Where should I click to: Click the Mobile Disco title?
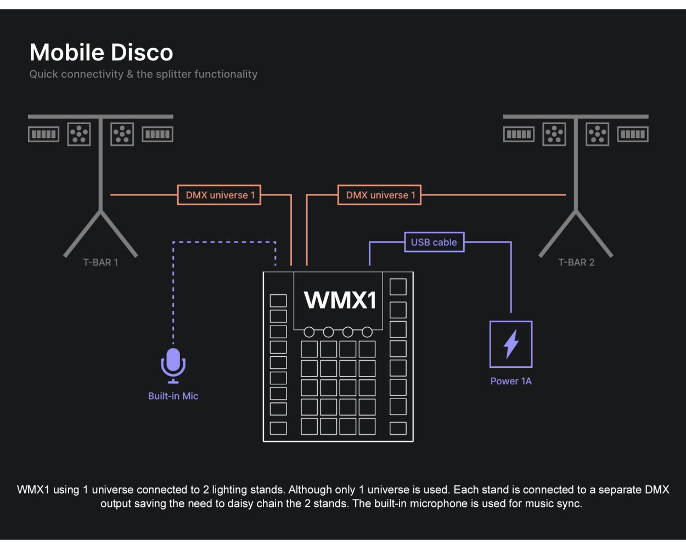click(101, 53)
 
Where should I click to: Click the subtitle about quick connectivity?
click(143, 74)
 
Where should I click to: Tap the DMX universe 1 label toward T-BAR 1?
click(219, 195)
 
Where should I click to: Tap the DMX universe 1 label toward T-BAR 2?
click(380, 195)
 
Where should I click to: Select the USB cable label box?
click(434, 242)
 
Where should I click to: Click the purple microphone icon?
click(173, 365)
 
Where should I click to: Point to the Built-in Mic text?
click(173, 396)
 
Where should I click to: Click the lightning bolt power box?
click(511, 344)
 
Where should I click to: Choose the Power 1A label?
click(511, 381)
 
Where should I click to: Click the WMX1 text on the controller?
click(340, 300)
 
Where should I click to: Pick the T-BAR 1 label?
click(100, 262)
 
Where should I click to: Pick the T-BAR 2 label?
click(576, 262)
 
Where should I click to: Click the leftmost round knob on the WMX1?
click(309, 332)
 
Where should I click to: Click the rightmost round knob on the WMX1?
click(367, 332)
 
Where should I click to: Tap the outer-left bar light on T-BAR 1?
click(43, 134)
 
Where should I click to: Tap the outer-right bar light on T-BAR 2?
click(633, 134)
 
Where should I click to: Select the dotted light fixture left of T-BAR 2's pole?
click(554, 134)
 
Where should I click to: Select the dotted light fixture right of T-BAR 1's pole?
click(122, 134)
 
